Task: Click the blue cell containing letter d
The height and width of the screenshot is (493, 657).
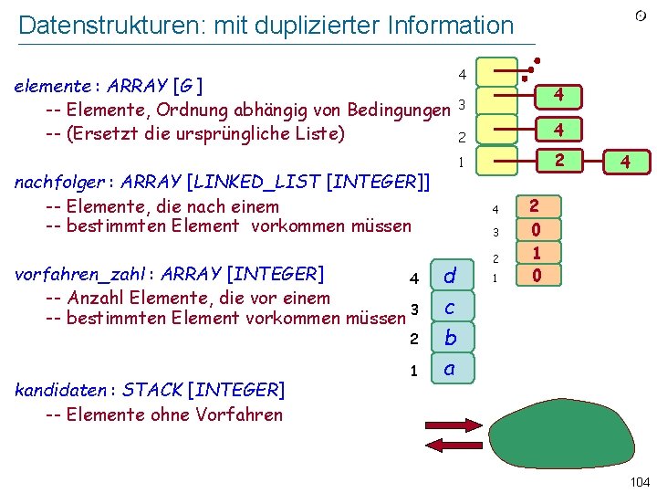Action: [x=450, y=276]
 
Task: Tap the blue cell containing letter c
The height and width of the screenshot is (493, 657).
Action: [x=450, y=308]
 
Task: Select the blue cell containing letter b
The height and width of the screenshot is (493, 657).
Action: [x=450, y=339]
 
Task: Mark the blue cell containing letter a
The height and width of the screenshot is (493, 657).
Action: [x=450, y=370]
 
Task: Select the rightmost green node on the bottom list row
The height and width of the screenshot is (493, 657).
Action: [x=625, y=163]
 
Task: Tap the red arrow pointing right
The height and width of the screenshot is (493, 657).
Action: [x=454, y=425]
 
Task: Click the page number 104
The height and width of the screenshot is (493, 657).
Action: [x=640, y=482]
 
